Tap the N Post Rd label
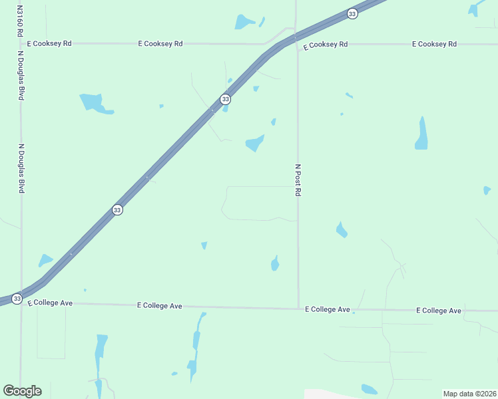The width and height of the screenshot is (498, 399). coord(298,180)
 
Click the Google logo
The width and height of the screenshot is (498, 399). coord(22,391)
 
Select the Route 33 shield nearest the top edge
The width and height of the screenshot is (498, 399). coord(352,13)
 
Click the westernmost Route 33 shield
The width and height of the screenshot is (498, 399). coord(17,299)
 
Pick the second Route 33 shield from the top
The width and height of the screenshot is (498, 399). coord(226,99)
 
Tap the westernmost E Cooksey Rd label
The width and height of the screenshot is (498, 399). coord(49,43)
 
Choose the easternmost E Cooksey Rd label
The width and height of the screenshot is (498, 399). coord(434,44)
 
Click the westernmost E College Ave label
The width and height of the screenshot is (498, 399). coord(50,303)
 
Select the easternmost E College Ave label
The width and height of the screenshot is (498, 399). coord(439,311)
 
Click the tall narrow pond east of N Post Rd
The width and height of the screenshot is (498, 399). coord(421,134)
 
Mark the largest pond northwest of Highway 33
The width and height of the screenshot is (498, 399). coord(94,103)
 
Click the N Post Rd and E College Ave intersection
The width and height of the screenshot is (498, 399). coord(298,309)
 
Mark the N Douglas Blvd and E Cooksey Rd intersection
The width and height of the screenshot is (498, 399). coord(21,43)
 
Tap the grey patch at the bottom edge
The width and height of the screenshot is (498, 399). coord(333,394)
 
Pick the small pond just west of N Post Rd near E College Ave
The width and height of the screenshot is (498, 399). coord(275,263)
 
